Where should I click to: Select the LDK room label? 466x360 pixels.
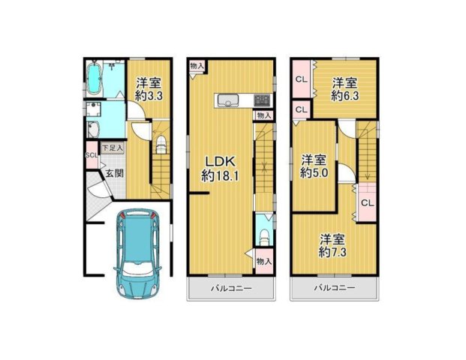221,162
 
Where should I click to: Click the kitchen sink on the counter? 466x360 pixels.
228,100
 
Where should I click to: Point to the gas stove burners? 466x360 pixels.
262,100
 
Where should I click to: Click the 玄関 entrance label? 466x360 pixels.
114,173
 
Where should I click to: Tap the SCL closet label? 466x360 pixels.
92,155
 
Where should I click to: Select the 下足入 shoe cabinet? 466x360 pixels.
113,148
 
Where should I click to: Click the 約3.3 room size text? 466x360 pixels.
149,96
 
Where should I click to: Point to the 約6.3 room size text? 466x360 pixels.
344,96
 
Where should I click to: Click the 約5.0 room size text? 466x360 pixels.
314,172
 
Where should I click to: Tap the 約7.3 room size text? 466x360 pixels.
332,253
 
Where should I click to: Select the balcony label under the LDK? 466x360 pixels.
232,289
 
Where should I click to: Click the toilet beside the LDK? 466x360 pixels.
264,236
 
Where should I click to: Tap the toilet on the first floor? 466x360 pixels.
161,144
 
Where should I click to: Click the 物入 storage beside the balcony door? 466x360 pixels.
264,262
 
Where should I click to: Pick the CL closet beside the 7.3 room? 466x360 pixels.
368,202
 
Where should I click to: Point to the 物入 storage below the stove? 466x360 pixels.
264,115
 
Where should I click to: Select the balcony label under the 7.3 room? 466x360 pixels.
335,288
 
